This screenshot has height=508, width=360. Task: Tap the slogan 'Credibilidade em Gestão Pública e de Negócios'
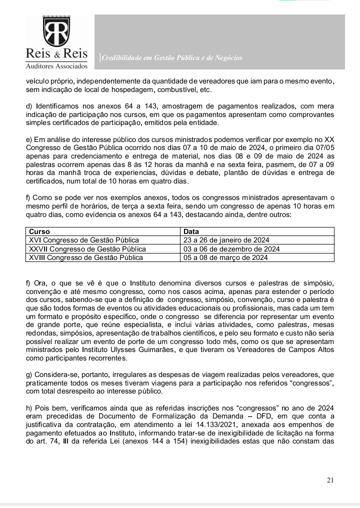click(x=172, y=58)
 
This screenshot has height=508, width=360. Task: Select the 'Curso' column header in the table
click(x=39, y=232)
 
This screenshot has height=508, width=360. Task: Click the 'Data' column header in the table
click(x=191, y=232)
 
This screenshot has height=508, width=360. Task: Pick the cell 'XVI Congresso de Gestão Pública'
click(x=83, y=240)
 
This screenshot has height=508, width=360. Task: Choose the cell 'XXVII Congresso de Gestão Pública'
click(x=87, y=249)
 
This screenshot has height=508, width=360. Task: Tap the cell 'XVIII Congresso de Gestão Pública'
click(x=86, y=257)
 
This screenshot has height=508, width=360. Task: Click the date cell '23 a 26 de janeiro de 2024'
click(x=226, y=240)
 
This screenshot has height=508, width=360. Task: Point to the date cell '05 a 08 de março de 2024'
click(x=225, y=257)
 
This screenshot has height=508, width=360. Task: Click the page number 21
click(x=330, y=480)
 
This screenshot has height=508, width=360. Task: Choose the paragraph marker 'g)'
click(x=29, y=374)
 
